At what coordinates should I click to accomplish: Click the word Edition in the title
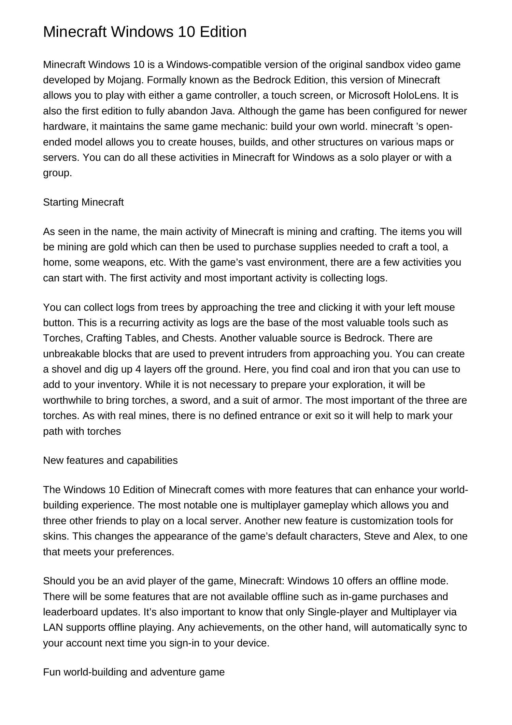[x=223, y=32]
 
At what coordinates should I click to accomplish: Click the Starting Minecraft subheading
[x=83, y=202]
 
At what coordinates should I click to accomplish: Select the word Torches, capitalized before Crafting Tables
[x=63, y=338]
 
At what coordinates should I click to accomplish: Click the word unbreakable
[x=71, y=354]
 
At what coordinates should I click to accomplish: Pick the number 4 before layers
[x=138, y=369]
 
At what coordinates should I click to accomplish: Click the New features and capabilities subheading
[x=110, y=460]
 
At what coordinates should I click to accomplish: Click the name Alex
[x=423, y=536]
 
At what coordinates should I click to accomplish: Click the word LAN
[x=53, y=628]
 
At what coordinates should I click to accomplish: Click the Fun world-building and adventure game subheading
[x=134, y=672]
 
